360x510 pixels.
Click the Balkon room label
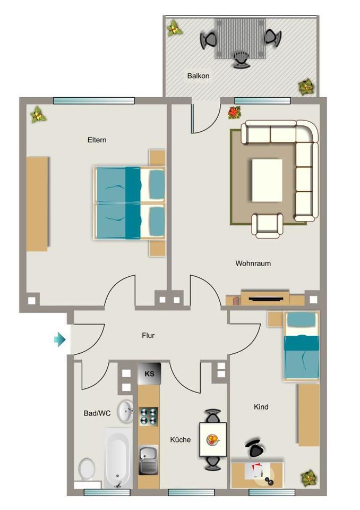click(198, 76)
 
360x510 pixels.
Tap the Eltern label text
click(97, 140)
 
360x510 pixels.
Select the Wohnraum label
click(253, 263)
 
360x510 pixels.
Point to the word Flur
click(148, 336)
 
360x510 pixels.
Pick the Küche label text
click(180, 439)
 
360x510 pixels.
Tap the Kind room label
click(261, 407)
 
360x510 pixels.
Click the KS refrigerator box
click(149, 373)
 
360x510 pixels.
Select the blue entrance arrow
click(59, 339)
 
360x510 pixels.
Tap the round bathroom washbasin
click(125, 411)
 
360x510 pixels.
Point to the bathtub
click(117, 458)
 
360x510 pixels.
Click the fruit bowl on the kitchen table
click(212, 439)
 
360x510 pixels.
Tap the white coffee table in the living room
click(267, 181)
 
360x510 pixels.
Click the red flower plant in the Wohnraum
click(234, 112)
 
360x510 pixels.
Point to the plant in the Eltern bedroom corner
click(38, 114)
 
